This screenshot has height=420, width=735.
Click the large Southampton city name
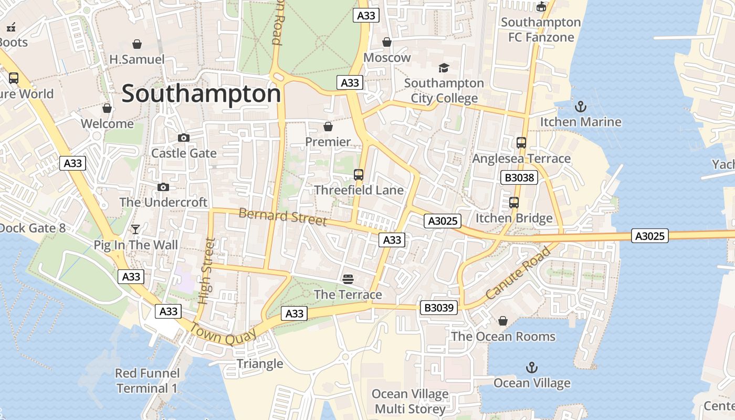(202, 94)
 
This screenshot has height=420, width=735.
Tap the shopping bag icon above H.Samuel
(137, 44)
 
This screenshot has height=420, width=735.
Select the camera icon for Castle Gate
(184, 138)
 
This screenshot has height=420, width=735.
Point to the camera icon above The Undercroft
(163, 187)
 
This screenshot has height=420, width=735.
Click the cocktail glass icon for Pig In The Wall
(135, 229)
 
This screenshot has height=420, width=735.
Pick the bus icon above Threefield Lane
(359, 175)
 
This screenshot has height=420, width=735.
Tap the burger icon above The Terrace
(348, 279)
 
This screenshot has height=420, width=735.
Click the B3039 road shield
(439, 308)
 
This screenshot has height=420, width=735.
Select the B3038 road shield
(519, 177)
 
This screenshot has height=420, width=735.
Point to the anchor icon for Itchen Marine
(581, 107)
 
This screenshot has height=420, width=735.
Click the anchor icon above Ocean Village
(532, 367)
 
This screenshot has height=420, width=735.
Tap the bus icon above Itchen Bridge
(514, 203)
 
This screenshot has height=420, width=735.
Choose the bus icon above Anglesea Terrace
(521, 143)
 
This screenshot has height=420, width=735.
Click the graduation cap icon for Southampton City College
(444, 68)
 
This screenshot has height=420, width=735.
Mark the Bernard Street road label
(282, 216)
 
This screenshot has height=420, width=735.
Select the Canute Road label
(518, 273)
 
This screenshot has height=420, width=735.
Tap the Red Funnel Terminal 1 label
(147, 381)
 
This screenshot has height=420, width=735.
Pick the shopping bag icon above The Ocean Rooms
(503, 320)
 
